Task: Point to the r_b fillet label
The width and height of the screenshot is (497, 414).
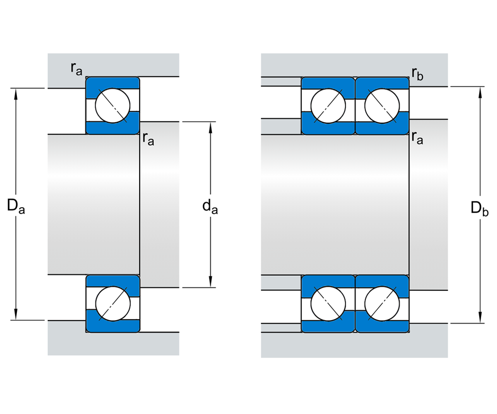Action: tap(417, 74)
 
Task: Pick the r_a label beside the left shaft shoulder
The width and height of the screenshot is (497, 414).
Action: tap(148, 138)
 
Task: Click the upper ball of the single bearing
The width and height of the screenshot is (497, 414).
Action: tap(113, 105)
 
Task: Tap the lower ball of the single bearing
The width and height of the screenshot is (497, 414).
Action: tap(113, 303)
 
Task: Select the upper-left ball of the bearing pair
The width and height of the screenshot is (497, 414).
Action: tap(328, 105)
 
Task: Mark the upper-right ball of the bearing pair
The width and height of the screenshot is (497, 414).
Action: tap(382, 105)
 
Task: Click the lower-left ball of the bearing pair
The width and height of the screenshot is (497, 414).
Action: tap(328, 303)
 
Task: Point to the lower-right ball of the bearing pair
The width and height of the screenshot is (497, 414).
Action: tap(382, 303)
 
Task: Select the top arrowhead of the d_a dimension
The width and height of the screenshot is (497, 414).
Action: tap(211, 126)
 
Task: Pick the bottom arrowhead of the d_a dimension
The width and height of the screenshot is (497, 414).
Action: tap(211, 283)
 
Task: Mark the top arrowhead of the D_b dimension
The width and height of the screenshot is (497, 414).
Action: tap(480, 91)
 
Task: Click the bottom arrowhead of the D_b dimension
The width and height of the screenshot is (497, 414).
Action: tap(480, 319)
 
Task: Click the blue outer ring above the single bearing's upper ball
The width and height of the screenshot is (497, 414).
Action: tap(113, 82)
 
